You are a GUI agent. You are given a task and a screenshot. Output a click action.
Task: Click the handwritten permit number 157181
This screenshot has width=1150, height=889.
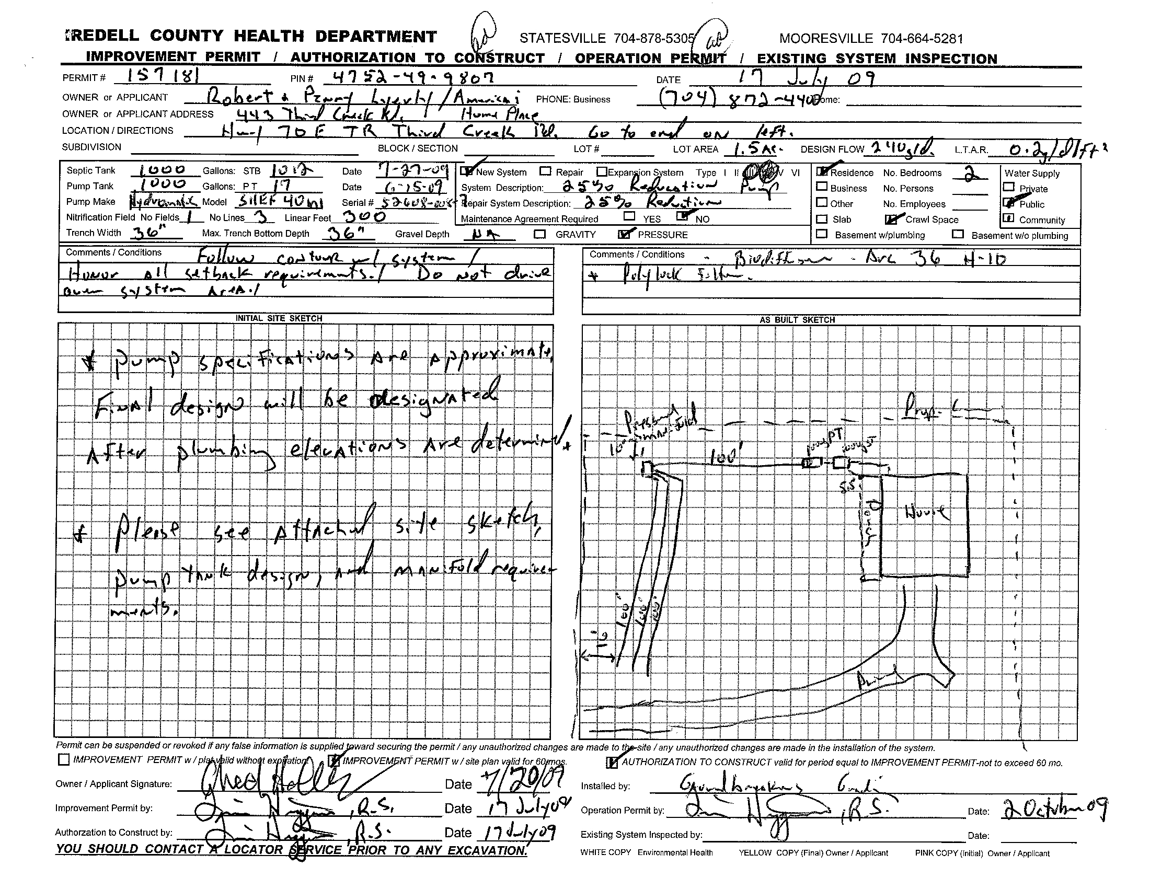[x=157, y=77]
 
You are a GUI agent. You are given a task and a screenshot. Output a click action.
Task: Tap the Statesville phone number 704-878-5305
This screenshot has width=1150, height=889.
[x=607, y=39]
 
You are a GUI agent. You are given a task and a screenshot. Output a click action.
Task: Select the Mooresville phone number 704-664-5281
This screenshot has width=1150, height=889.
[x=871, y=39]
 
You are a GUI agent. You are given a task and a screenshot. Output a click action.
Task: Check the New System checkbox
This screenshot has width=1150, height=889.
[x=466, y=171]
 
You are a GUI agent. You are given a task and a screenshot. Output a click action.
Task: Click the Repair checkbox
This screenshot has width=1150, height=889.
[x=546, y=171]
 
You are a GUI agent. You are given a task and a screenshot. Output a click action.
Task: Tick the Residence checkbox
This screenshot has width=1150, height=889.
[x=821, y=171]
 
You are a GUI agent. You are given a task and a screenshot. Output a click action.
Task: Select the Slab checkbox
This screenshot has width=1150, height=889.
[x=821, y=218]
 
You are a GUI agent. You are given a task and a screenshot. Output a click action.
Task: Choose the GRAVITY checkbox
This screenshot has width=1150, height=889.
[x=540, y=234]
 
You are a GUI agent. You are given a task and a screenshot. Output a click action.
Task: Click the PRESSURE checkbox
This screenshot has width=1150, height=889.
[x=624, y=234]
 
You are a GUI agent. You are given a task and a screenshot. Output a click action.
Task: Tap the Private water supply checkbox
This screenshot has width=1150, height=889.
[x=1009, y=187]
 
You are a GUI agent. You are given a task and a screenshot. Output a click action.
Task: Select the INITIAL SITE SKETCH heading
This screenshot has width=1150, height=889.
[x=279, y=318]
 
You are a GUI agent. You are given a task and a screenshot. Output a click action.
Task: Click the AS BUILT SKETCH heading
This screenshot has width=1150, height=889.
[x=797, y=319]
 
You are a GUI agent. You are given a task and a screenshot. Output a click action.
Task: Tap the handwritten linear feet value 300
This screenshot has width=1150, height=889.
[x=364, y=216]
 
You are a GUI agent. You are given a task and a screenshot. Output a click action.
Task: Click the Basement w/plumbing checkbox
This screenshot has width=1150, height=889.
[x=821, y=234]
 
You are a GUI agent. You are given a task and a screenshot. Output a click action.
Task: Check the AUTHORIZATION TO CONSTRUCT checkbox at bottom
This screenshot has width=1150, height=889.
[x=613, y=762]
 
